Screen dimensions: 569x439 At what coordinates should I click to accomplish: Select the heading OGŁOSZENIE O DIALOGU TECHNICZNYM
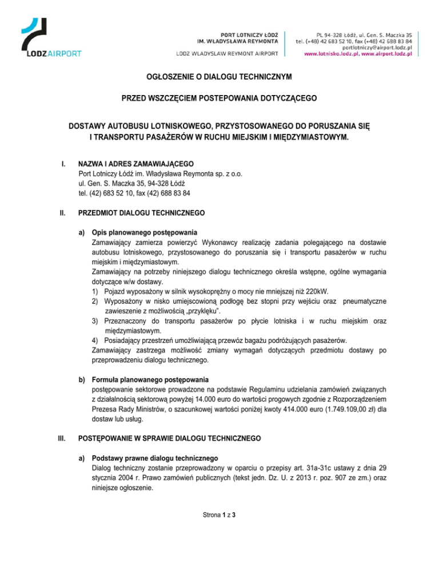219,76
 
